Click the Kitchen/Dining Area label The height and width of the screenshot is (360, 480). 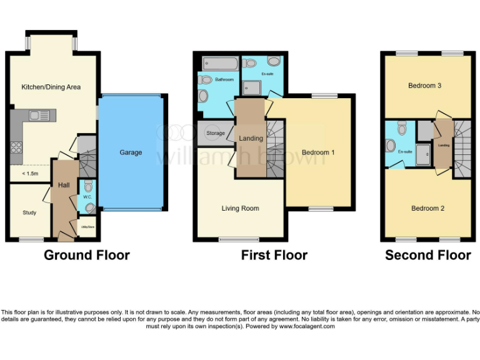(x=51, y=87)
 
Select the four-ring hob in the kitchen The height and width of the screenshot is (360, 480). (x=16, y=149)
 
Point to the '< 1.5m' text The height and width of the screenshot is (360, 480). (x=30, y=173)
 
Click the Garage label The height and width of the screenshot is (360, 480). (x=131, y=152)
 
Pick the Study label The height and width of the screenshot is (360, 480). (x=29, y=212)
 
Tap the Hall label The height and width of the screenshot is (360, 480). (x=64, y=185)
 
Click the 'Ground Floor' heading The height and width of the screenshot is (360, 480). (x=86, y=255)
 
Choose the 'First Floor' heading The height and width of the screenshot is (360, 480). (x=274, y=255)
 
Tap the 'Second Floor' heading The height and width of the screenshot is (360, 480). (x=427, y=255)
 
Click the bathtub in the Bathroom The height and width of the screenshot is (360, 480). (x=220, y=64)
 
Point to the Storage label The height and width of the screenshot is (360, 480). (x=215, y=133)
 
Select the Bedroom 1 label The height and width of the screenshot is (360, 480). (x=318, y=152)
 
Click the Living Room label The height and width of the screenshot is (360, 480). (x=240, y=208)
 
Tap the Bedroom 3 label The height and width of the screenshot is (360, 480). (x=425, y=86)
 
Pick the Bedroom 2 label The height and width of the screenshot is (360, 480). (x=427, y=208)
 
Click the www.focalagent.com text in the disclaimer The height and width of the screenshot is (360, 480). (x=306, y=326)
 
